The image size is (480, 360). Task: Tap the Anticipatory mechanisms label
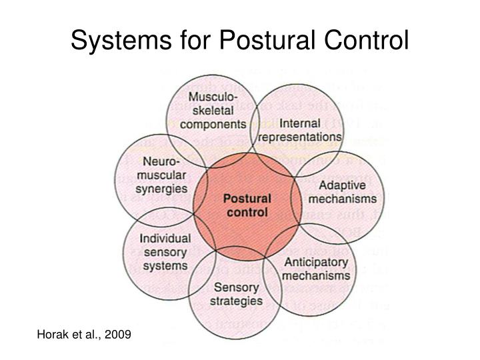tap(317, 268)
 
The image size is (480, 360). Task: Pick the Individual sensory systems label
tap(165, 252)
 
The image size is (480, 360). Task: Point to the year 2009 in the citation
tap(118, 332)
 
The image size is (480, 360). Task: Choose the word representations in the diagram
tap(301, 137)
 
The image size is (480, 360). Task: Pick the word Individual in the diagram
tap(165, 239)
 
